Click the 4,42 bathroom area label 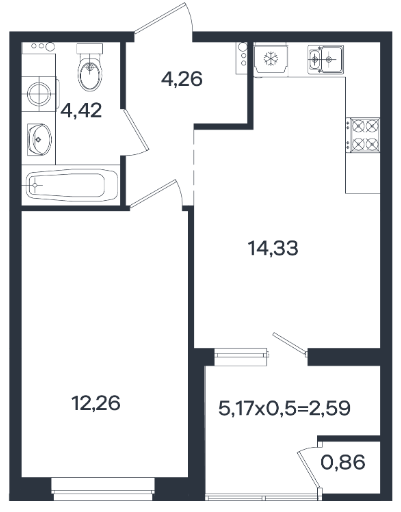(81, 110)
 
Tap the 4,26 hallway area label (182, 79)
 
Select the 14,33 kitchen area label (273, 248)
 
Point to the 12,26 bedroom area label (96, 403)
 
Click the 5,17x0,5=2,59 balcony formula (284, 408)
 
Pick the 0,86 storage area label (343, 462)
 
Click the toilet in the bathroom (89, 67)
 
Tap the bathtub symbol (71, 184)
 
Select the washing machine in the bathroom (39, 93)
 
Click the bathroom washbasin (39, 139)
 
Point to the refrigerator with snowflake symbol (271, 59)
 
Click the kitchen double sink (325, 59)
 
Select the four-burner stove (364, 135)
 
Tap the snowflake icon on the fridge (271, 59)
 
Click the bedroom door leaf (153, 194)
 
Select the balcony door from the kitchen (290, 343)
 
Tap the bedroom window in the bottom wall (103, 485)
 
